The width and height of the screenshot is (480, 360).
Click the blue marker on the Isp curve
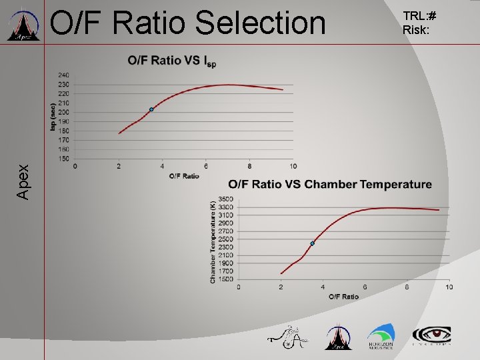pyautogui.click(x=151, y=109)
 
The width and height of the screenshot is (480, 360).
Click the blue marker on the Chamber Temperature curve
pyautogui.click(x=312, y=243)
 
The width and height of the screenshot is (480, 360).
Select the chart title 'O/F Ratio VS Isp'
pyautogui.click(x=171, y=61)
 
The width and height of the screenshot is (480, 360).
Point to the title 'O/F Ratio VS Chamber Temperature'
pyautogui.click(x=329, y=185)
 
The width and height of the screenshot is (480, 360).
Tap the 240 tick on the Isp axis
pyautogui.click(x=63, y=75)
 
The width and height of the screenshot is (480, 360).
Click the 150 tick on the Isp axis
pyautogui.click(x=63, y=159)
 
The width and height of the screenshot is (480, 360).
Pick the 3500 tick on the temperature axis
pyautogui.click(x=225, y=199)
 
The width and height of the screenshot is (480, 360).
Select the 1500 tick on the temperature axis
pyautogui.click(x=225, y=279)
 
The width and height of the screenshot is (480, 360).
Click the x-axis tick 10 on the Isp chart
pyautogui.click(x=293, y=166)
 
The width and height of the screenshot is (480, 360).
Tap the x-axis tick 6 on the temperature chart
pyautogui.click(x=365, y=287)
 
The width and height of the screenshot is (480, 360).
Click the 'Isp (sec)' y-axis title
pyautogui.click(x=53, y=117)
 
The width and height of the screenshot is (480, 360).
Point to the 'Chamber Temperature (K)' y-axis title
pyautogui.click(x=213, y=240)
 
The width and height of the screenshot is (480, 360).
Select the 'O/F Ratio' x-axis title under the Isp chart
pyautogui.click(x=184, y=176)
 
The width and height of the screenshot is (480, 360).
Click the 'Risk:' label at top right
pyautogui.click(x=415, y=29)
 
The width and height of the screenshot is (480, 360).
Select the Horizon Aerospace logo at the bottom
pyautogui.click(x=381, y=337)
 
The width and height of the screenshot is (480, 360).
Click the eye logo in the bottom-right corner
pyautogui.click(x=431, y=336)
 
